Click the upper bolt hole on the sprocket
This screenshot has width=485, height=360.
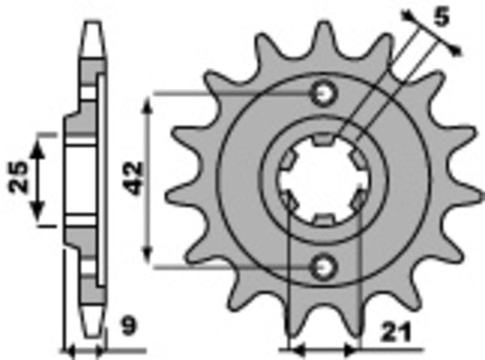pos(325,94)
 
